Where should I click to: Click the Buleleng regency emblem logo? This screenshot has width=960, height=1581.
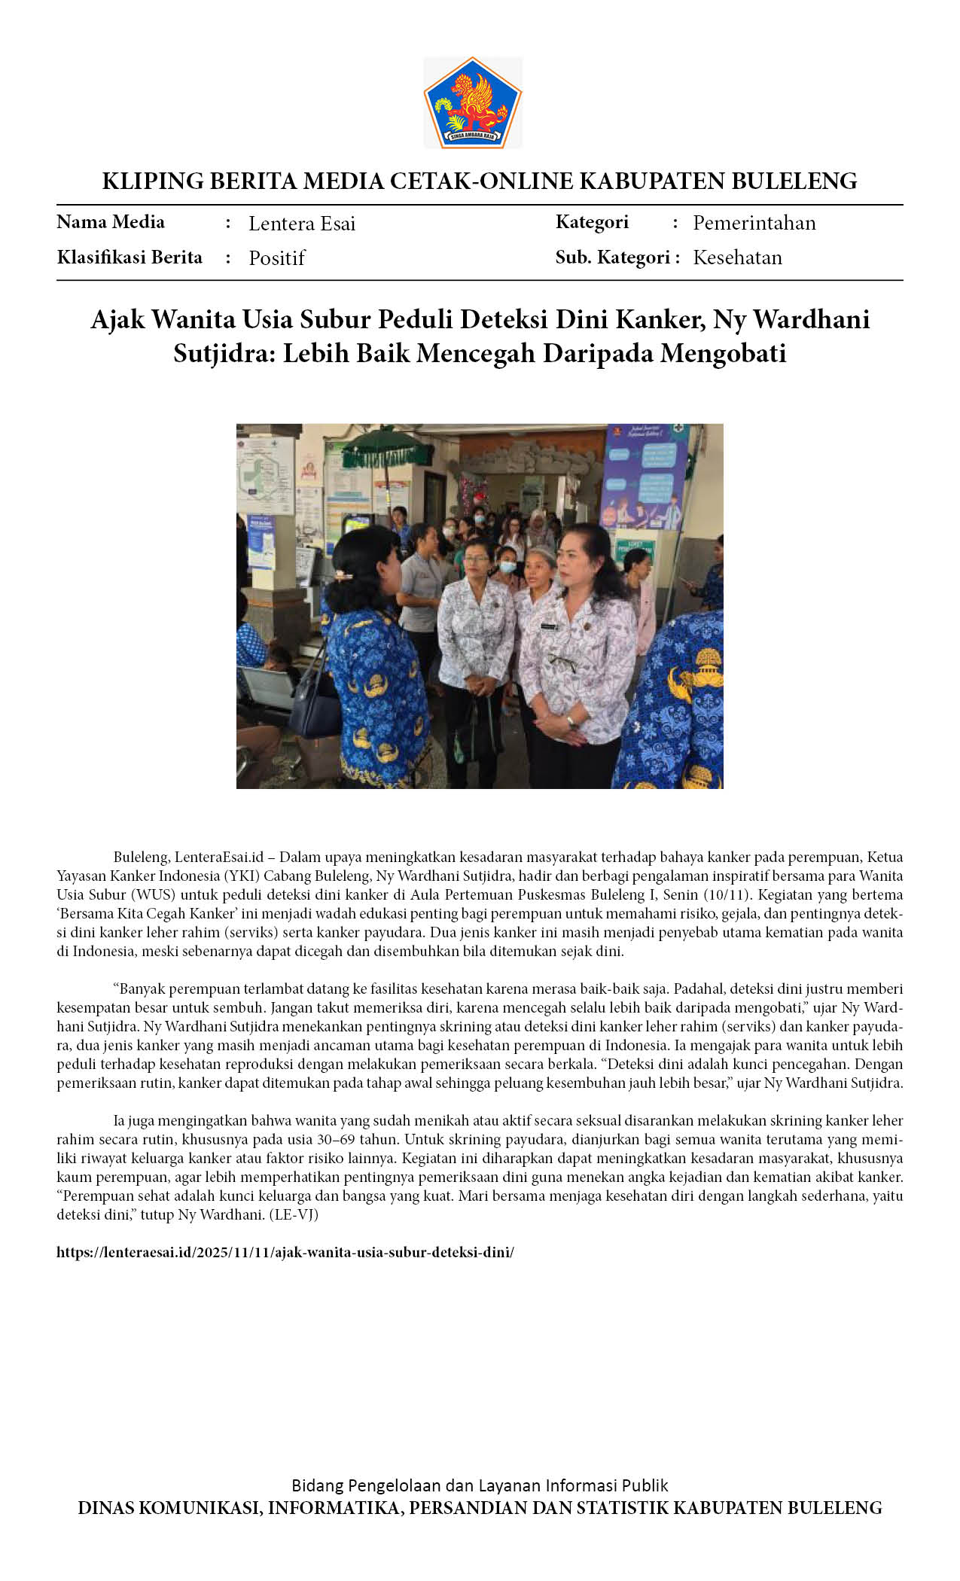(x=472, y=102)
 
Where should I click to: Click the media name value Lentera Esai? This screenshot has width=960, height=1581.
(x=302, y=224)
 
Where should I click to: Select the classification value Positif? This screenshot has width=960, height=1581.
(x=276, y=258)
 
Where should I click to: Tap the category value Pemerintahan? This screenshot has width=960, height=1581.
(x=754, y=223)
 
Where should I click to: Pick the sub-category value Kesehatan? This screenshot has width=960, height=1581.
(x=737, y=257)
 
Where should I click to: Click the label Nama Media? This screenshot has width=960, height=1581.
(x=111, y=222)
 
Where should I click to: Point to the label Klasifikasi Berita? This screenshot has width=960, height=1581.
(x=130, y=257)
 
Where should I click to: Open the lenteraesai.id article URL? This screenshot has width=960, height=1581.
(x=285, y=1252)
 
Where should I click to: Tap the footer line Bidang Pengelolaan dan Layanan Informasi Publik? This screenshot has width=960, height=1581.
(x=480, y=1485)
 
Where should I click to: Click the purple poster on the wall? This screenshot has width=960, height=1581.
(x=644, y=474)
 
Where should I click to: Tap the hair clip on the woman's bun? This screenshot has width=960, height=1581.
(x=343, y=576)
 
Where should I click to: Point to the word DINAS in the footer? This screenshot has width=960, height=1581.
(x=105, y=1508)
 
